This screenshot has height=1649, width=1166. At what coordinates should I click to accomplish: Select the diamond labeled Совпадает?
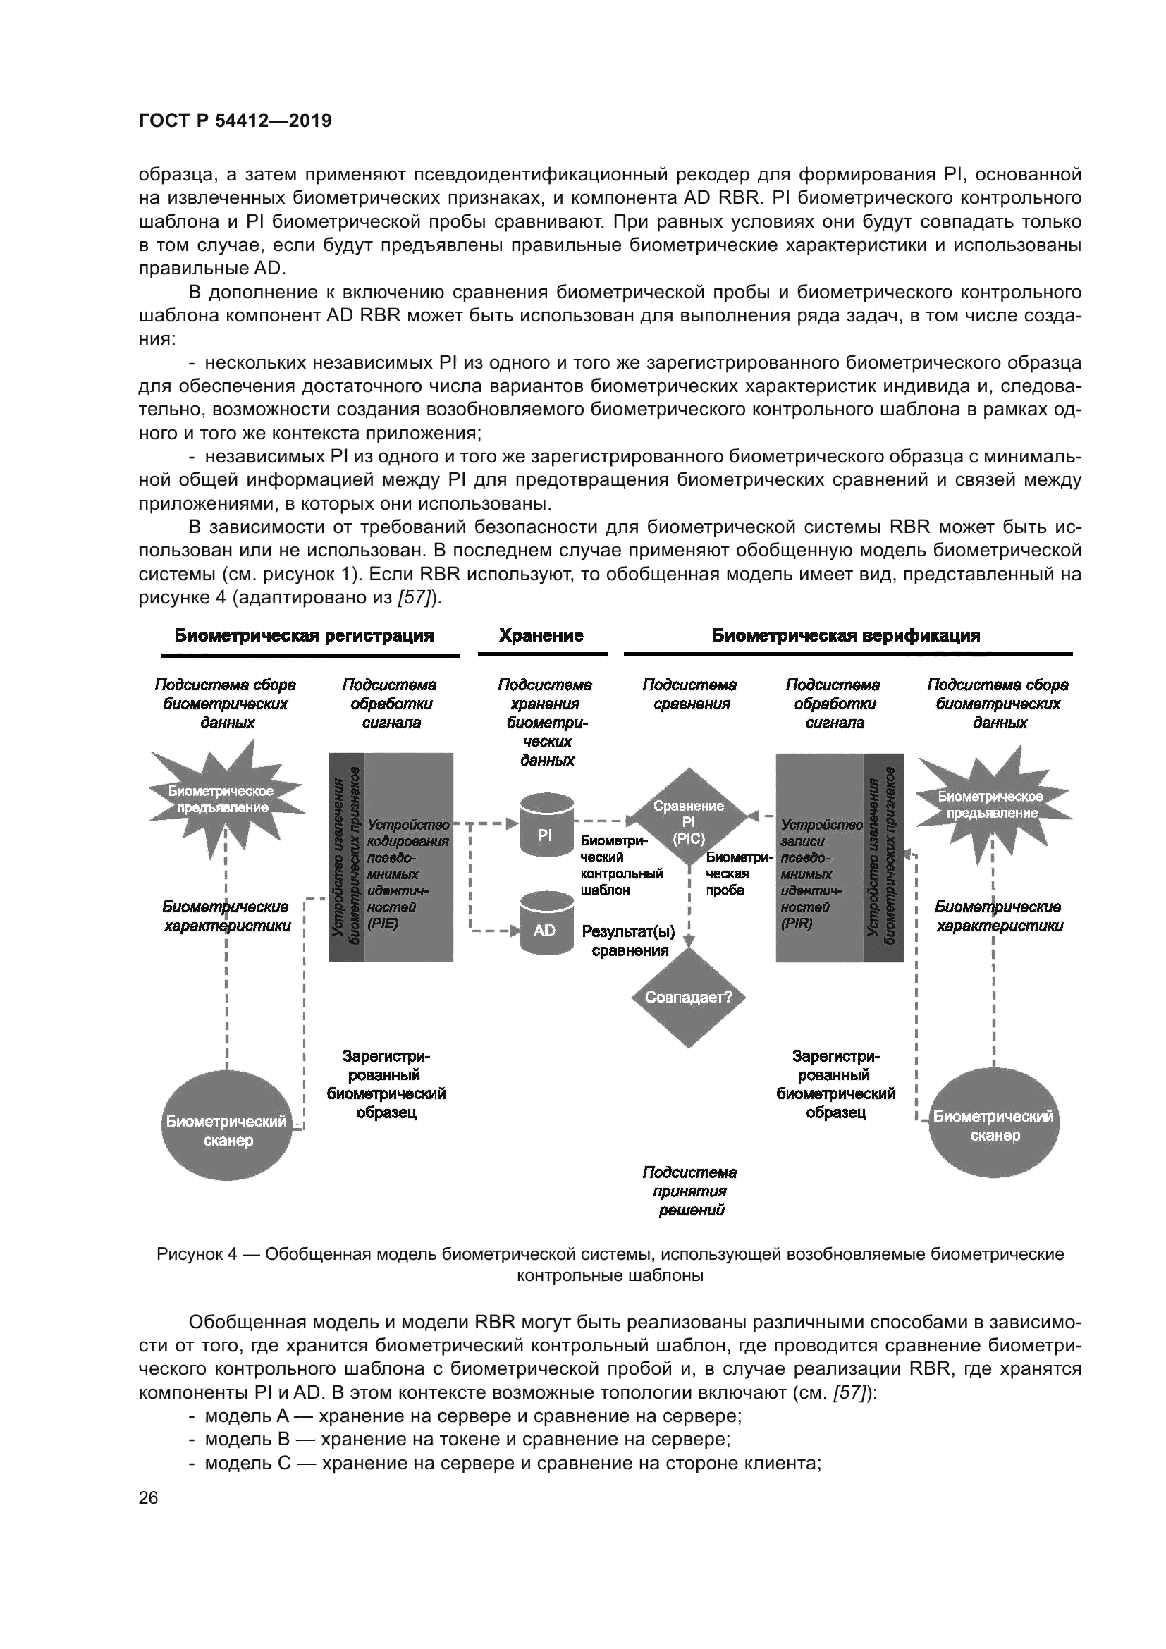pyautogui.click(x=688, y=998)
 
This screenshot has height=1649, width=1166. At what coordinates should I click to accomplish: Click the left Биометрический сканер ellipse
pyautogui.click(x=227, y=1124)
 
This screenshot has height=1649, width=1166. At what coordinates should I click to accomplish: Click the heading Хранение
pyautogui.click(x=541, y=636)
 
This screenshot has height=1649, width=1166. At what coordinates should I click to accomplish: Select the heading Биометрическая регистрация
pyautogui.click(x=305, y=636)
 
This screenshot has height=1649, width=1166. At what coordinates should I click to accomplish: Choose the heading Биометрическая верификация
pyautogui.click(x=845, y=636)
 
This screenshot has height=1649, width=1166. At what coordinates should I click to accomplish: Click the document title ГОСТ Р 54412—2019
pyautogui.click(x=235, y=121)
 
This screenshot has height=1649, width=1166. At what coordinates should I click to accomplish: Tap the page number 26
pyautogui.click(x=148, y=1498)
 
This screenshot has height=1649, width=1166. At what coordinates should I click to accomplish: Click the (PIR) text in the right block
pyautogui.click(x=796, y=924)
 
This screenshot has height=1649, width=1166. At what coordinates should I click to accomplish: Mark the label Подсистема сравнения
pyautogui.click(x=689, y=694)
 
